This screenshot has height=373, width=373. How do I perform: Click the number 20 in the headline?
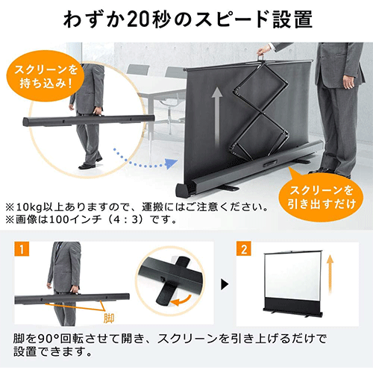[139, 19]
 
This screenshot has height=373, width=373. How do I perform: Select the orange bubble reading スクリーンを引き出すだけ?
[322, 198]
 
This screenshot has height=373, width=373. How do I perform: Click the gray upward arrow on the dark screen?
[217, 117]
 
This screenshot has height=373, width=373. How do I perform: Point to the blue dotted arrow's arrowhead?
[172, 164]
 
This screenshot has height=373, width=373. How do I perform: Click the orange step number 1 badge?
[22, 248]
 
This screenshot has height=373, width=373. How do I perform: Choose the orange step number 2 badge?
[244, 248]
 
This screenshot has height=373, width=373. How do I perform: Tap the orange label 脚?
[109, 319]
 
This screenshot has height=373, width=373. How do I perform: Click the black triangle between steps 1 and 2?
[225, 284]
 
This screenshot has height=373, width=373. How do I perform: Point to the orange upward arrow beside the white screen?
[330, 274]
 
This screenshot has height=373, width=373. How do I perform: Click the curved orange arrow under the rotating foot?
[182, 300]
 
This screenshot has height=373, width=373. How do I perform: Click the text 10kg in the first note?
[28, 207]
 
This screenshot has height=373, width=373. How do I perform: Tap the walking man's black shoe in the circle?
[87, 166]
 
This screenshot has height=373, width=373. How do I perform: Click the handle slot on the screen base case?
[269, 164]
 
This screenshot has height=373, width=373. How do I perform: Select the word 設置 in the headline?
[292, 19]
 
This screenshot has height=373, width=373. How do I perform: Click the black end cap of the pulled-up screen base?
[184, 191]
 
